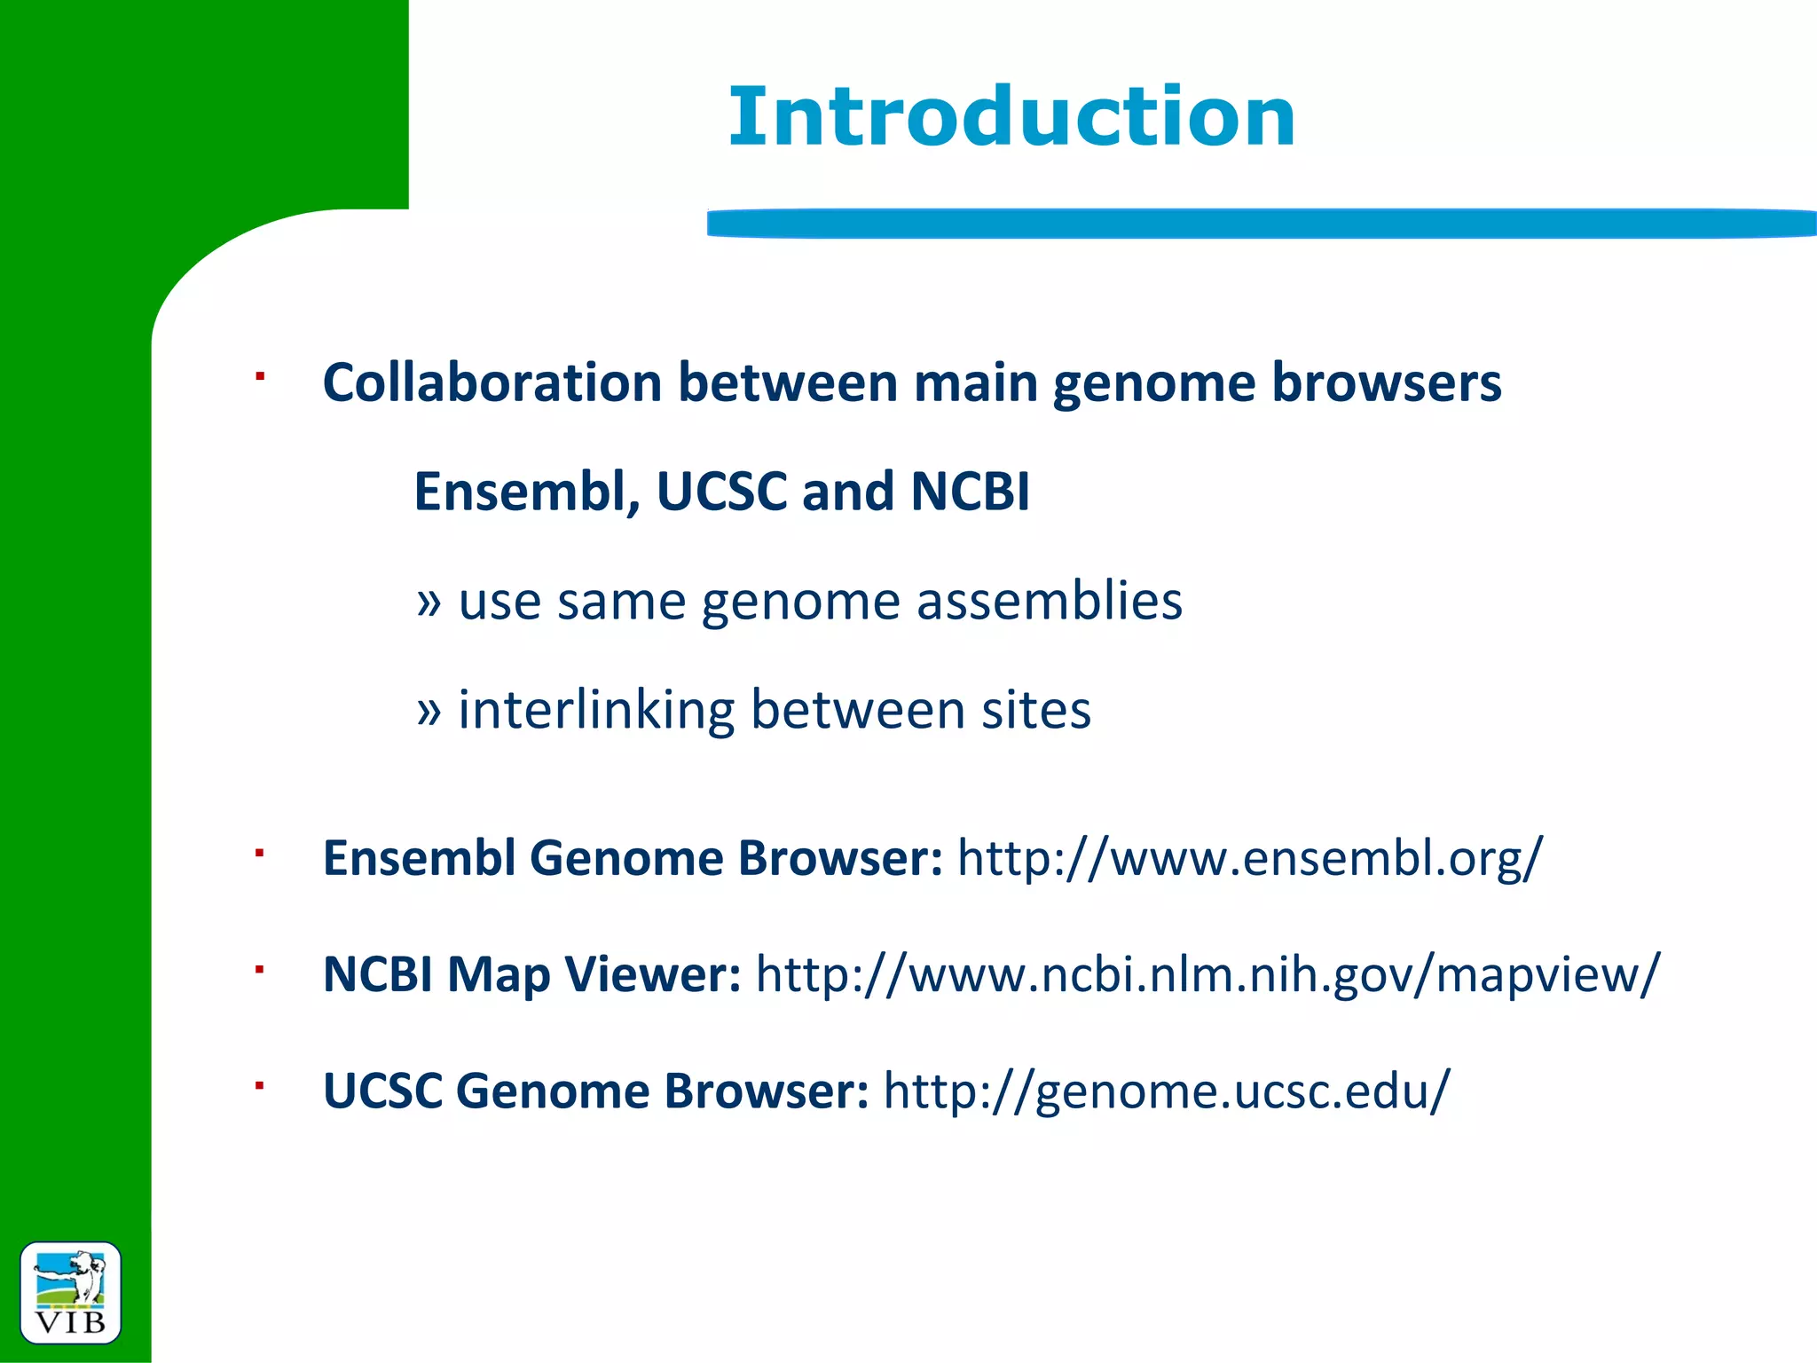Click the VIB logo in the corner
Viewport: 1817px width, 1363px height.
pos(70,1293)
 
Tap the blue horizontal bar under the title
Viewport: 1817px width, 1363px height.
pos(1260,223)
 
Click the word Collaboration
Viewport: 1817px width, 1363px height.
pos(492,383)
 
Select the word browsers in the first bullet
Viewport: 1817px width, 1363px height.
pos(1386,383)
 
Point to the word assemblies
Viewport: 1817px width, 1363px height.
pos(1050,602)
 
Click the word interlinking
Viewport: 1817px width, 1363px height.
pos(596,711)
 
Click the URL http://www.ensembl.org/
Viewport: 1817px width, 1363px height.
pos(1250,858)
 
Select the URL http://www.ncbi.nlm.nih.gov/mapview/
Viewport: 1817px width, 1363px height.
pos(1207,974)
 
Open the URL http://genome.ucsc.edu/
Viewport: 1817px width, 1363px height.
pos(1167,1091)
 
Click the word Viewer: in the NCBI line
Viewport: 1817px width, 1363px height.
pos(652,974)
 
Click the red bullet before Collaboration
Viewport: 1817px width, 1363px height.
pos(260,377)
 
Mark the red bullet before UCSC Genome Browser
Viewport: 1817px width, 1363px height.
pos(260,1085)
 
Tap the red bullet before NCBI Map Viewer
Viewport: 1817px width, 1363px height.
pos(260,969)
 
